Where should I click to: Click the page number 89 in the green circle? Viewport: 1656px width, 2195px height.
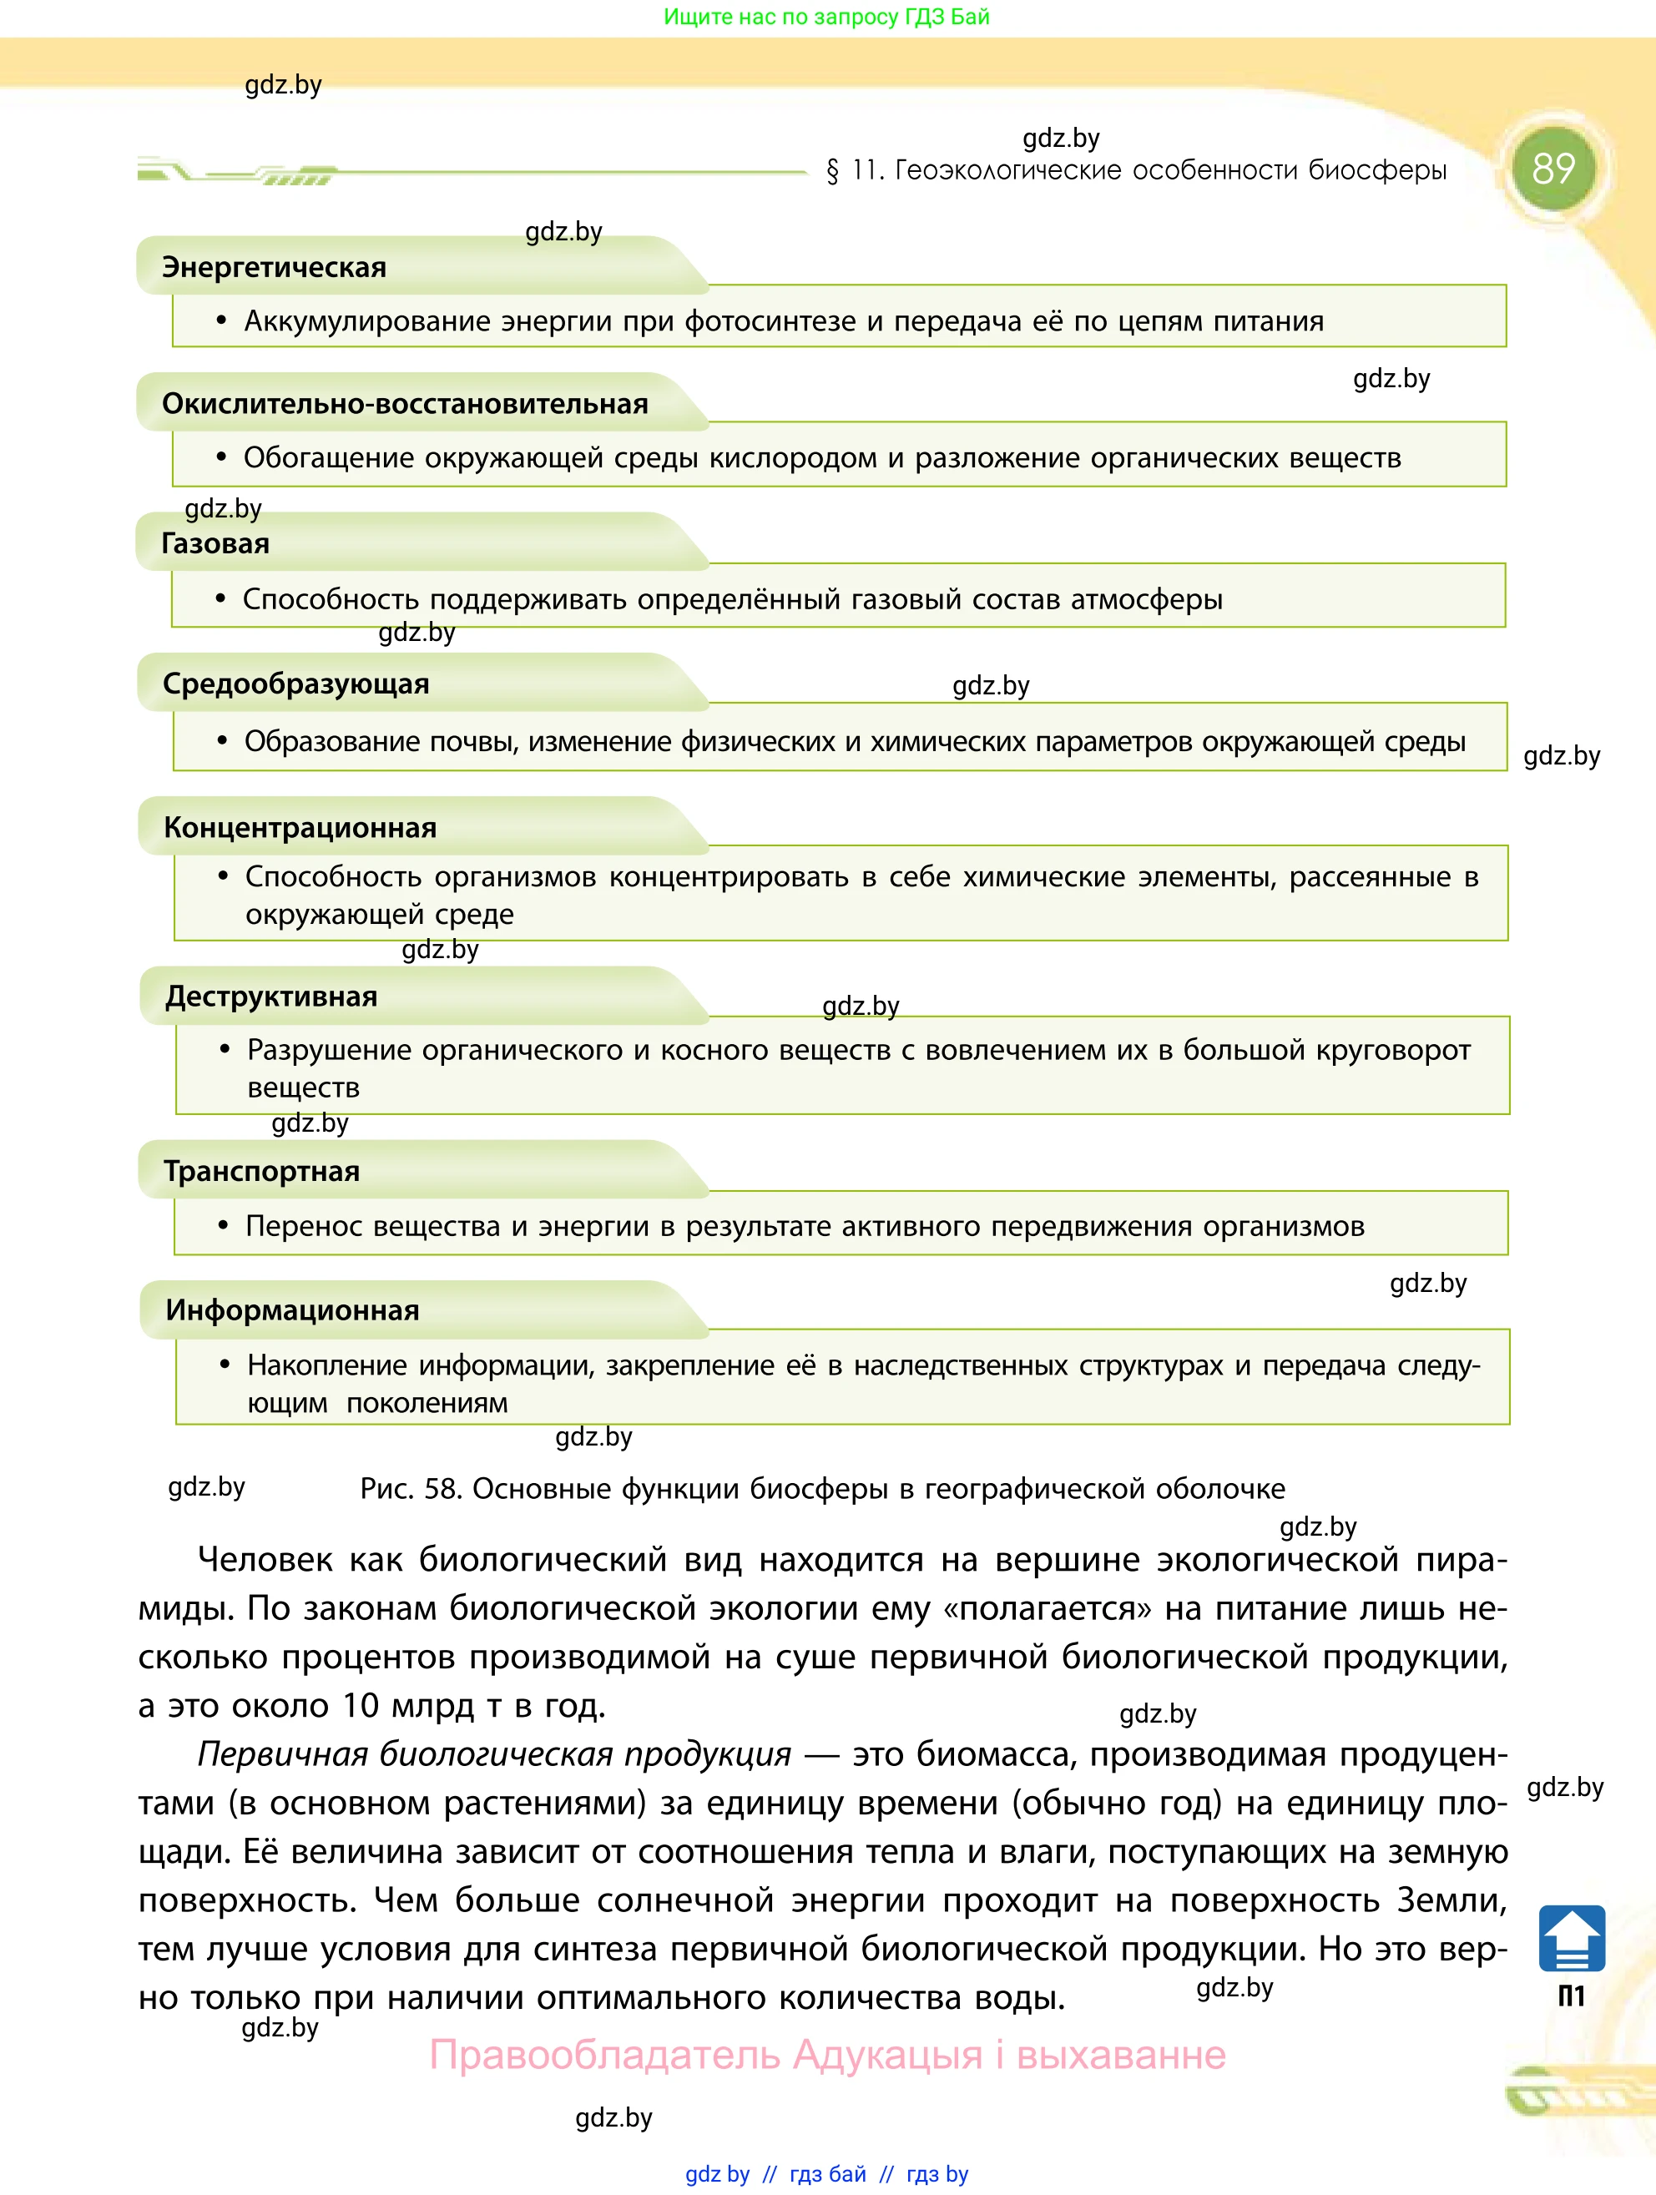(1552, 169)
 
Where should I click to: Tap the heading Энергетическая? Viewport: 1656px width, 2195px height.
(274, 268)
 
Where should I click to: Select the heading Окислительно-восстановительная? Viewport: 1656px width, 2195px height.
(405, 405)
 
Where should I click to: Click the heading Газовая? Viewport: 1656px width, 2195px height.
(215, 544)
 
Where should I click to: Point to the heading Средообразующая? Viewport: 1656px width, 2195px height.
(295, 684)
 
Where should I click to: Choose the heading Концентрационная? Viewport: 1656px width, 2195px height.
(300, 828)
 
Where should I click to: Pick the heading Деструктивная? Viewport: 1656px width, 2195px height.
(271, 997)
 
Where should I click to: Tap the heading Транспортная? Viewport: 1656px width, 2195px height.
(262, 1172)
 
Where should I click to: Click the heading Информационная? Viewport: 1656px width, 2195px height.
(293, 1311)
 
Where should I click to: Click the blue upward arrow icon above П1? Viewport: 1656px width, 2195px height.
(1572, 1938)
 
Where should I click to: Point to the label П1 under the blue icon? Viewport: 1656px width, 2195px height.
(1572, 1996)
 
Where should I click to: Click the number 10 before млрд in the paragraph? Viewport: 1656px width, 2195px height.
(361, 1706)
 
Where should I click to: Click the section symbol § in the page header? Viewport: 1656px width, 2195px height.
(832, 172)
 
